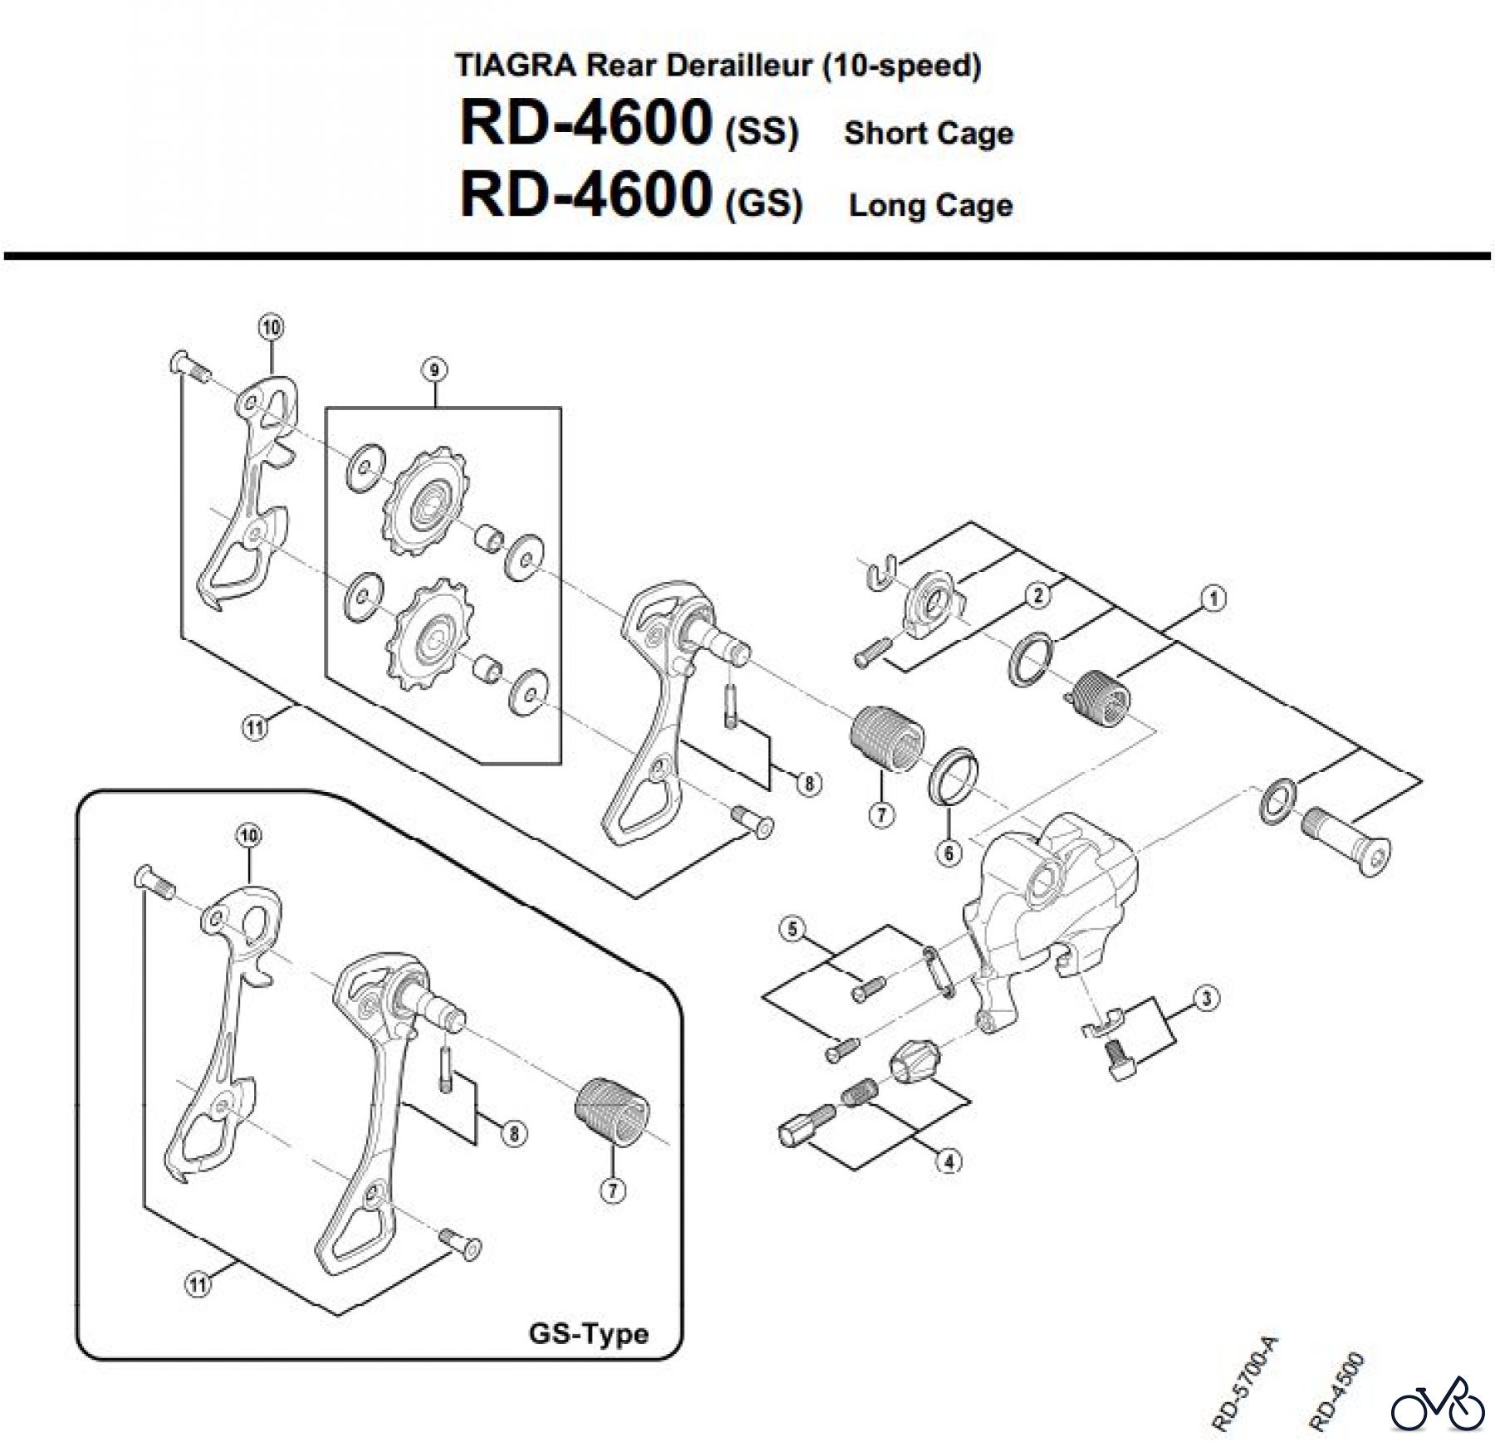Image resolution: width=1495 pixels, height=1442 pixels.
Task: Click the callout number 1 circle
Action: (x=1213, y=598)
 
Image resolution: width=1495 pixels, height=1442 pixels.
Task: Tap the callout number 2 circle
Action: (x=1037, y=594)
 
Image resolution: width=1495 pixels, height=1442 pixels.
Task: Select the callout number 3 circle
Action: (x=1206, y=998)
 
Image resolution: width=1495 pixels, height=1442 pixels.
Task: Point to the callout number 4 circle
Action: (x=948, y=1161)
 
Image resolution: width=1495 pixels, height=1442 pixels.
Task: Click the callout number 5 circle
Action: (x=792, y=928)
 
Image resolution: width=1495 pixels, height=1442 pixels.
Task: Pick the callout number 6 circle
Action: (x=949, y=853)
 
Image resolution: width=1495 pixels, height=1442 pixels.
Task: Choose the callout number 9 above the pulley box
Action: (x=434, y=369)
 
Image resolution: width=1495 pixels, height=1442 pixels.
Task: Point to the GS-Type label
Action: (x=588, y=1333)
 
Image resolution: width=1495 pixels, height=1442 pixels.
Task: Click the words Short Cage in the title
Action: (x=929, y=134)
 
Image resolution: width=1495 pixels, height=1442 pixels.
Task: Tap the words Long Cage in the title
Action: (x=930, y=205)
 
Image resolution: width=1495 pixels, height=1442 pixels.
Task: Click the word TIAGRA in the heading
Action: (x=515, y=66)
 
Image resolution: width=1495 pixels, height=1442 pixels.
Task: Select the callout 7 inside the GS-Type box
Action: (x=612, y=1190)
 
